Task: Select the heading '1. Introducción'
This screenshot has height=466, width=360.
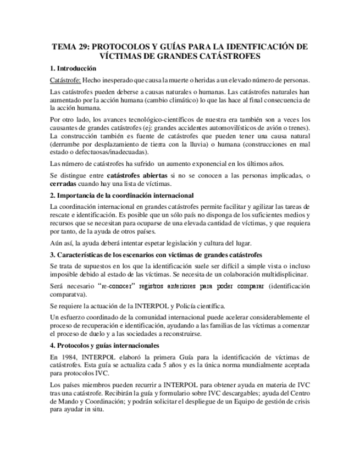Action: point(73,69)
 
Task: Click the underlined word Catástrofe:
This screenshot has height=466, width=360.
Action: point(65,80)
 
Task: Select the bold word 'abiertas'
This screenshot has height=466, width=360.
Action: point(149,175)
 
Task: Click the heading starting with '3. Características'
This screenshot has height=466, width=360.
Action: point(156,255)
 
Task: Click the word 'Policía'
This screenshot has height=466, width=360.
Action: point(190,306)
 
